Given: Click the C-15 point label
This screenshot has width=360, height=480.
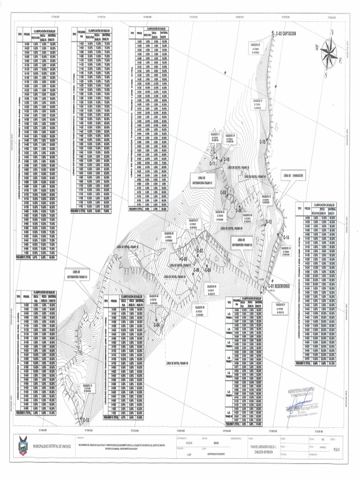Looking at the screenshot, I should coord(263,142).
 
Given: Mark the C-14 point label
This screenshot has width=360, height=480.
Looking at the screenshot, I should coord(286,237).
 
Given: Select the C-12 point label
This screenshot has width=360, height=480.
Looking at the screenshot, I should coord(269,221).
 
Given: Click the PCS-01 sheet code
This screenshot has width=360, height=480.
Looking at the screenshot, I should coord(334,449).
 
